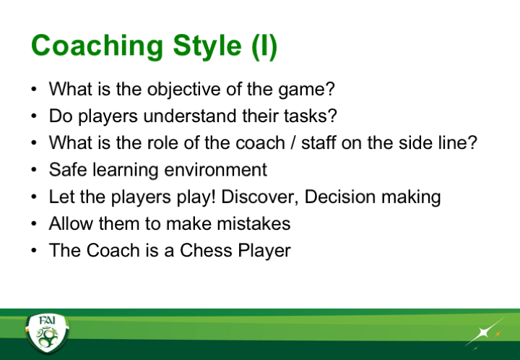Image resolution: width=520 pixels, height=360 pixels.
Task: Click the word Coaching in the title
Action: pyautogui.click(x=97, y=47)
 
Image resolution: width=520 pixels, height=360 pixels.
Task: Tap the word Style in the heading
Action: pyautogui.click(x=207, y=47)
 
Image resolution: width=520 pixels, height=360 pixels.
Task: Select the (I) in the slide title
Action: pyautogui.click(x=264, y=47)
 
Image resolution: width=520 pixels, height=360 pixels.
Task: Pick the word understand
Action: pyautogui.click(x=190, y=116)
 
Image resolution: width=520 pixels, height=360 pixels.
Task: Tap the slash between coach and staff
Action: pyautogui.click(x=292, y=142)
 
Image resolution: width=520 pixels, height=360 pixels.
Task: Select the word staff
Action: pyautogui.click(x=318, y=142)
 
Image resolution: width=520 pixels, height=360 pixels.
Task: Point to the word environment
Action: pyautogui.click(x=215, y=170)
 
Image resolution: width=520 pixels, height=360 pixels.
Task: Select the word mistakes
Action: pyautogui.click(x=253, y=223)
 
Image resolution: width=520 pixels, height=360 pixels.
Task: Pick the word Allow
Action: pyautogui.click(x=71, y=223)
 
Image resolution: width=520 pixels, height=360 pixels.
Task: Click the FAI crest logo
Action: pyautogui.click(x=47, y=333)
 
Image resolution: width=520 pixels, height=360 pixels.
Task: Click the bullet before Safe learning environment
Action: pyautogui.click(x=34, y=170)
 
